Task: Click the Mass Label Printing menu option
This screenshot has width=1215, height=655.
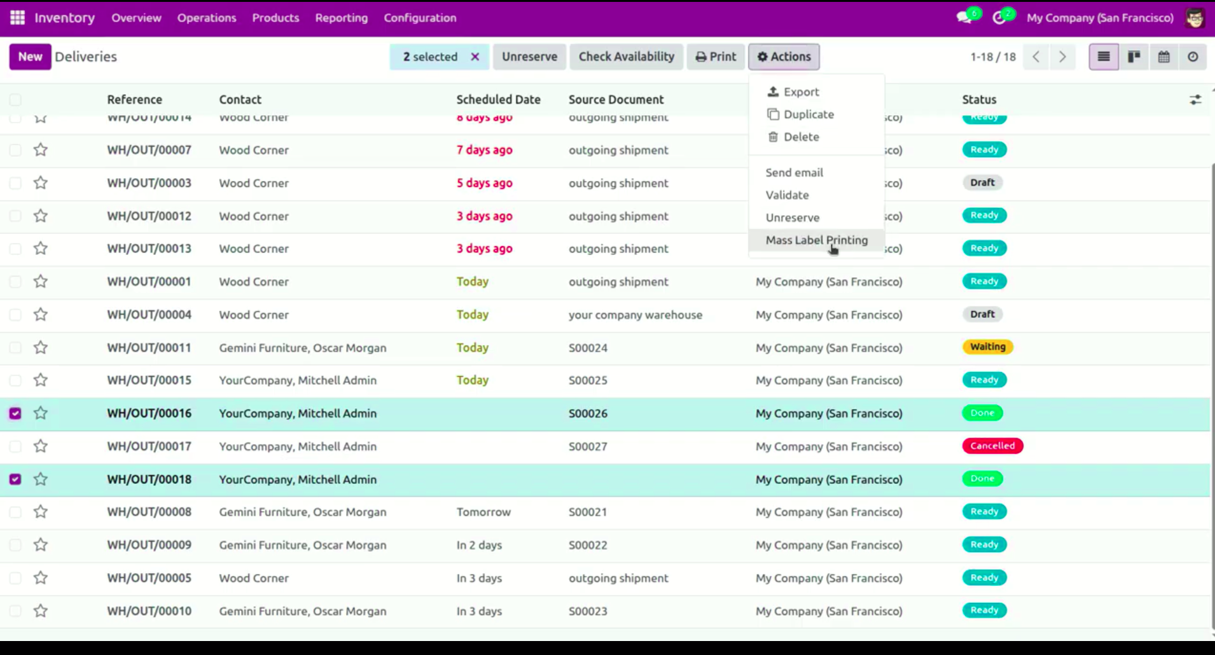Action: pyautogui.click(x=816, y=240)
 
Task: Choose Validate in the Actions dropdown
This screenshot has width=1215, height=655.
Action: pyautogui.click(x=787, y=195)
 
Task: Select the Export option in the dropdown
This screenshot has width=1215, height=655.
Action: pyautogui.click(x=801, y=92)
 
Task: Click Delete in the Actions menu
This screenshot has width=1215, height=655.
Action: pyautogui.click(x=801, y=137)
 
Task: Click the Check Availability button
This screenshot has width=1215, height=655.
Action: pyautogui.click(x=626, y=57)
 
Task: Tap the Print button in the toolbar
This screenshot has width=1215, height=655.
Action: pyautogui.click(x=716, y=57)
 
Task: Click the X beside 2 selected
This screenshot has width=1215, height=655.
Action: pyautogui.click(x=475, y=57)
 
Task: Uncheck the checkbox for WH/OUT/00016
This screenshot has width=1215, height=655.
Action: pyautogui.click(x=15, y=413)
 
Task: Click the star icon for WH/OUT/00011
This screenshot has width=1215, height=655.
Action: pyautogui.click(x=41, y=347)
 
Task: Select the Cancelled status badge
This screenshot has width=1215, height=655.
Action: pyautogui.click(x=992, y=446)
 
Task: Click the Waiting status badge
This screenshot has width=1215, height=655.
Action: pyautogui.click(x=987, y=347)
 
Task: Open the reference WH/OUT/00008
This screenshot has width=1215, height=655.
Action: pyautogui.click(x=149, y=512)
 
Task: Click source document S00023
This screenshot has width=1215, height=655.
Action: pyautogui.click(x=588, y=611)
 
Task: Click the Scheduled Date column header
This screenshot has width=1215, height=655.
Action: pyautogui.click(x=498, y=99)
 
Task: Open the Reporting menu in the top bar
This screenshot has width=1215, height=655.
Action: pyautogui.click(x=341, y=18)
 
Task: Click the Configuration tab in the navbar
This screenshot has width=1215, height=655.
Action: pyautogui.click(x=420, y=18)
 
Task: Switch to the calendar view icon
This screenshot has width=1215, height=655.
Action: pyautogui.click(x=1163, y=57)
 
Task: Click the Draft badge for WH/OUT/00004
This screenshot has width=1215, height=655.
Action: pyautogui.click(x=982, y=314)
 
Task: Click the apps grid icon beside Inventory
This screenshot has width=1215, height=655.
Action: pyautogui.click(x=17, y=18)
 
